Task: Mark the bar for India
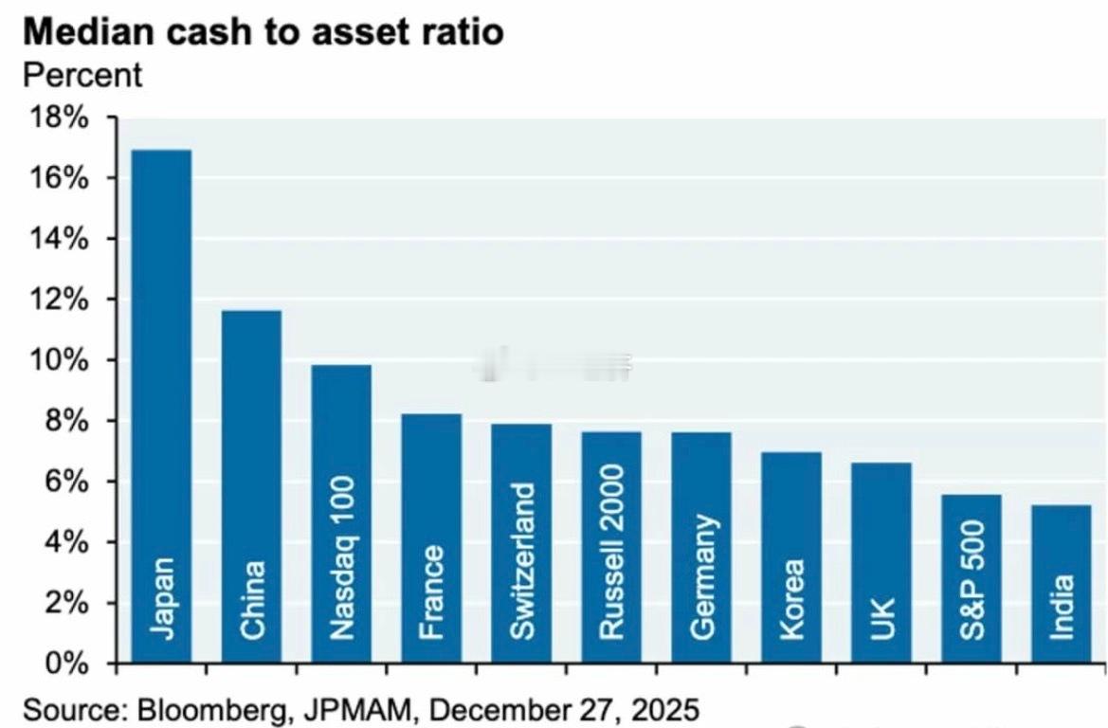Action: click(1061, 584)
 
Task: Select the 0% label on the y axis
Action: click(68, 664)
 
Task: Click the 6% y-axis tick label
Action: click(68, 482)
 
